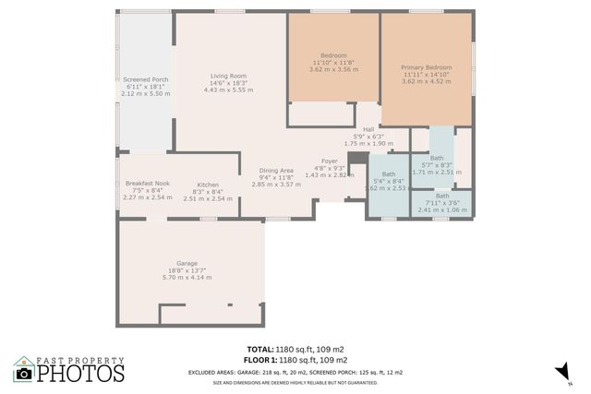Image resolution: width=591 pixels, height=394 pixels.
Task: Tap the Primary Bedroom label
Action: (x=426, y=67)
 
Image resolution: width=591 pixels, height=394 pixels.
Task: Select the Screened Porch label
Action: (x=146, y=79)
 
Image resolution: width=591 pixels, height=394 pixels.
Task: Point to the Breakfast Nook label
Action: (x=147, y=184)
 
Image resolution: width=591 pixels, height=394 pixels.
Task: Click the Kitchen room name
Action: (x=207, y=184)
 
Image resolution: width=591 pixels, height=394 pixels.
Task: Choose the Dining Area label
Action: (x=276, y=170)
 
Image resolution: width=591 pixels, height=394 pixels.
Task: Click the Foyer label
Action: (x=329, y=161)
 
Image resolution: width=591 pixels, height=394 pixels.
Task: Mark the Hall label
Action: (x=368, y=129)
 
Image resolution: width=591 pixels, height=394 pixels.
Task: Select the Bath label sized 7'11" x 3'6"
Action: (x=443, y=196)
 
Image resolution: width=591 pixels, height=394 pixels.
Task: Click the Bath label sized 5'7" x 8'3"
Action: (x=436, y=158)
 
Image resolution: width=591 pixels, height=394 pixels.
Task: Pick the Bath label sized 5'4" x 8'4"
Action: (x=389, y=173)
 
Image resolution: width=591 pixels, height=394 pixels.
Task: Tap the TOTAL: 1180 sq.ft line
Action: (x=295, y=350)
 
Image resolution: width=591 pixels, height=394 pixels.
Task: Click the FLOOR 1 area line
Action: (x=295, y=359)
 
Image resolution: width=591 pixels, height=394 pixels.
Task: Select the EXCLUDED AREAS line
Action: (x=295, y=371)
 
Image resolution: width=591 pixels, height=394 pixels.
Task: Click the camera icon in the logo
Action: (x=23, y=372)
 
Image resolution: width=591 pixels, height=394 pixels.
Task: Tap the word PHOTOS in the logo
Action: (x=80, y=373)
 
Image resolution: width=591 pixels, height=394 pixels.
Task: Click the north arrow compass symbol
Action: (x=559, y=371)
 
